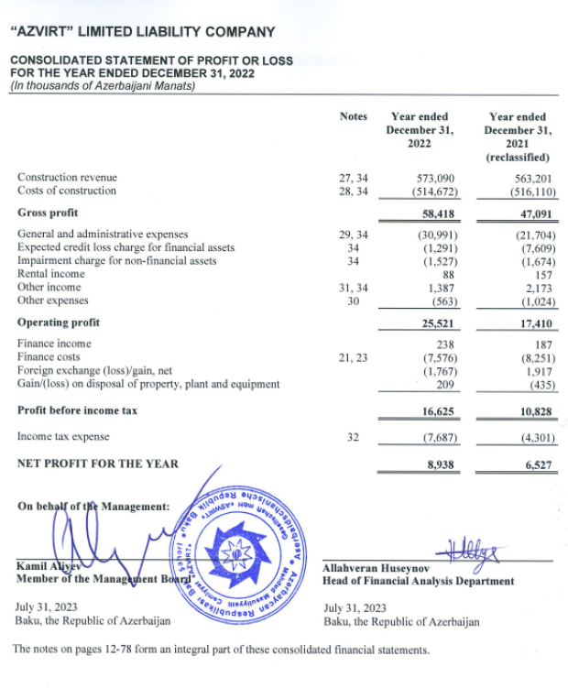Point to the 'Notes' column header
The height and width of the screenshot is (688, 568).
click(x=353, y=116)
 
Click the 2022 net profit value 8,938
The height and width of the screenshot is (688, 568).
click(x=442, y=464)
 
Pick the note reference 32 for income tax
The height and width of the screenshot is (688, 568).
click(x=353, y=436)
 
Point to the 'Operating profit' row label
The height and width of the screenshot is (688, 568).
click(x=59, y=322)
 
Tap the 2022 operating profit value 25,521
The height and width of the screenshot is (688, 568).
click(x=439, y=323)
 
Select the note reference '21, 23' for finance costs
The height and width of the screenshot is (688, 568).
click(x=353, y=356)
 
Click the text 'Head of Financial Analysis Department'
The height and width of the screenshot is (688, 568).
click(x=419, y=581)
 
